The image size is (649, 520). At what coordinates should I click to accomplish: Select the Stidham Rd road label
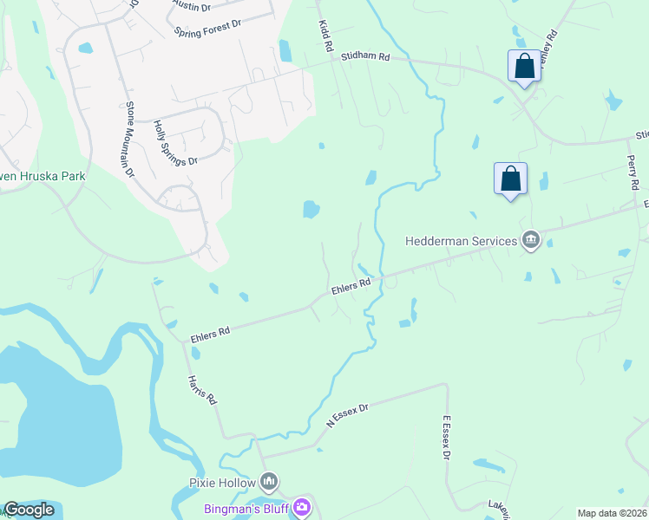pos(365,57)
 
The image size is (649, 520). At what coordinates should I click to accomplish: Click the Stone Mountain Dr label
pos(130,140)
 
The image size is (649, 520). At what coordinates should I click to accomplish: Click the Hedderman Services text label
pos(460,241)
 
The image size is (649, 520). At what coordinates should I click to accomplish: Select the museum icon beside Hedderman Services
pos(530,241)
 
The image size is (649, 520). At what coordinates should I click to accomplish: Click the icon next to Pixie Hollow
pos(269,481)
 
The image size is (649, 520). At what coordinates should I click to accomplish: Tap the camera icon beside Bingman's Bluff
pos(302,507)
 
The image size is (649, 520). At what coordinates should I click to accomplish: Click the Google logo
pos(29,510)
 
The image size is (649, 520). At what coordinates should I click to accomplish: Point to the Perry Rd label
pos(633,172)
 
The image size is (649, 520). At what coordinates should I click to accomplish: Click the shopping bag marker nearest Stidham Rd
pos(524,65)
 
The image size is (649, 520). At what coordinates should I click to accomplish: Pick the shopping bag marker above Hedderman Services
pos(510,179)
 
